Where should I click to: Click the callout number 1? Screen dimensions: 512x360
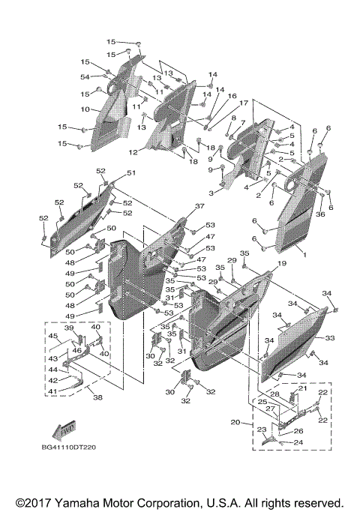click(x=304, y=255)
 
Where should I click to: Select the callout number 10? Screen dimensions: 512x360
click(x=85, y=109)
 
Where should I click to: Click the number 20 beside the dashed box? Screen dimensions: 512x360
click(x=235, y=423)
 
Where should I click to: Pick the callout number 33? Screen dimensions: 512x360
click(x=329, y=338)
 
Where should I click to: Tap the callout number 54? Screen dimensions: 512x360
click(x=85, y=77)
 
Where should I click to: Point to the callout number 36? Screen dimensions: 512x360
click(x=320, y=214)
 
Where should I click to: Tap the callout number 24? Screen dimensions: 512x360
click(x=277, y=442)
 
